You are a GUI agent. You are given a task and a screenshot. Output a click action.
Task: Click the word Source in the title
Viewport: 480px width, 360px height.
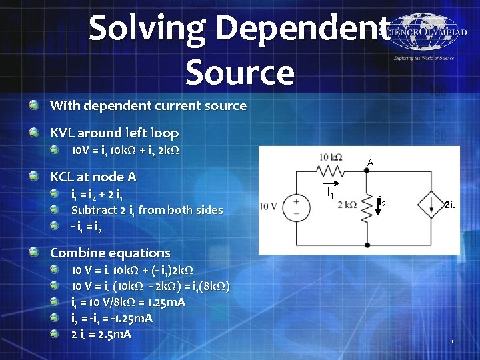pyautogui.click(x=240, y=71)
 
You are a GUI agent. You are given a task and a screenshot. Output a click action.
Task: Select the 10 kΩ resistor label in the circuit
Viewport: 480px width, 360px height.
pyautogui.click(x=331, y=157)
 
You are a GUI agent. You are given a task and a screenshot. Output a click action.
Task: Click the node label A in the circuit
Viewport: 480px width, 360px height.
pyautogui.click(x=369, y=163)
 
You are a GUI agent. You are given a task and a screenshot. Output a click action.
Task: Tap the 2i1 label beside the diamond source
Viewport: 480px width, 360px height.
pyautogui.click(x=450, y=206)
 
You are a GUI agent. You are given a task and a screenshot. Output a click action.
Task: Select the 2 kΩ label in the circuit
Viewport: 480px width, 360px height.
pyautogui.click(x=347, y=205)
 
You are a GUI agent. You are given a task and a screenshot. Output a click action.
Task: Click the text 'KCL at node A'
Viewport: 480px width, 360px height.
pyautogui.click(x=93, y=177)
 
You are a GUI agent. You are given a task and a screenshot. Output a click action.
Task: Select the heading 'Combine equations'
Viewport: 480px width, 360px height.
pyautogui.click(x=110, y=253)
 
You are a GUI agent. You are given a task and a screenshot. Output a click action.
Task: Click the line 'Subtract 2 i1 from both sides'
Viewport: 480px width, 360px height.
pyautogui.click(x=147, y=210)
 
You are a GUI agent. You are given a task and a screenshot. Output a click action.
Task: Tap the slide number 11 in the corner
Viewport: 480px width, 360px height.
pyautogui.click(x=453, y=342)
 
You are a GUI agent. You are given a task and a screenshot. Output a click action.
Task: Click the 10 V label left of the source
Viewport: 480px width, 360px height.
pyautogui.click(x=269, y=206)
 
